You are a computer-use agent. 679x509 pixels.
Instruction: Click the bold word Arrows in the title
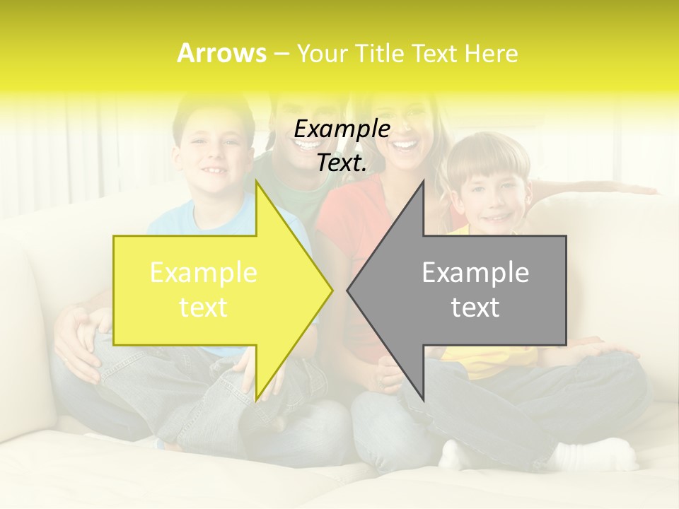pyautogui.click(x=221, y=53)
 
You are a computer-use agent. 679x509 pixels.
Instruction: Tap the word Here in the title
pyautogui.click(x=491, y=53)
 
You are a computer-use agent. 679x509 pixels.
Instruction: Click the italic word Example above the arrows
pyautogui.click(x=342, y=129)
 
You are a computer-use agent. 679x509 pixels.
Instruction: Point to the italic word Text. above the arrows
pyautogui.click(x=342, y=163)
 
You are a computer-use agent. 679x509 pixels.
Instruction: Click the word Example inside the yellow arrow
pyautogui.click(x=204, y=273)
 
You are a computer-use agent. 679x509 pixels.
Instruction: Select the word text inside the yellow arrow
pyautogui.click(x=204, y=308)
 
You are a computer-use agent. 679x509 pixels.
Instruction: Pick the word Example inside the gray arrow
pyautogui.click(x=475, y=273)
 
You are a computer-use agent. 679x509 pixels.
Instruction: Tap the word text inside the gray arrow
pyautogui.click(x=475, y=308)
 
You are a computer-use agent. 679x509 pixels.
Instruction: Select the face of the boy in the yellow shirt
pyautogui.click(x=495, y=191)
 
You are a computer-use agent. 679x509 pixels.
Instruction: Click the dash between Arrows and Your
pyautogui.click(x=280, y=54)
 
